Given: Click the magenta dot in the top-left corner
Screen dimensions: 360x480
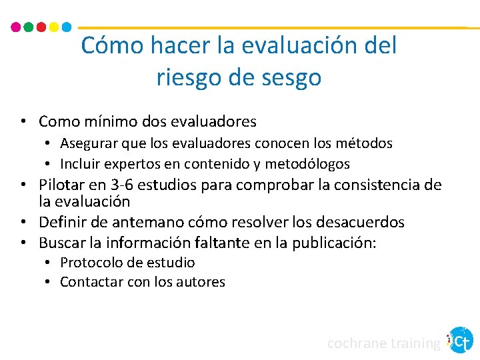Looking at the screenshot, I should coord(17,27).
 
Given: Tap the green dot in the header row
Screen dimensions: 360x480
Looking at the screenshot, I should coord(29,27).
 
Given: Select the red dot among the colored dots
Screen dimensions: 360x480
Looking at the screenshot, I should coord(41,27).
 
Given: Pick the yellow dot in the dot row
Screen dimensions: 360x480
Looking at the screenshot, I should coord(54,27).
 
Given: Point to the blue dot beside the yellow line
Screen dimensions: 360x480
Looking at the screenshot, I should coord(66,27).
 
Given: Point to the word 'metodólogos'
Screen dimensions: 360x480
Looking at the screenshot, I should coord(307,164).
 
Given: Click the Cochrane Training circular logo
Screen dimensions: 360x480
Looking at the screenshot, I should coord(461,340).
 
